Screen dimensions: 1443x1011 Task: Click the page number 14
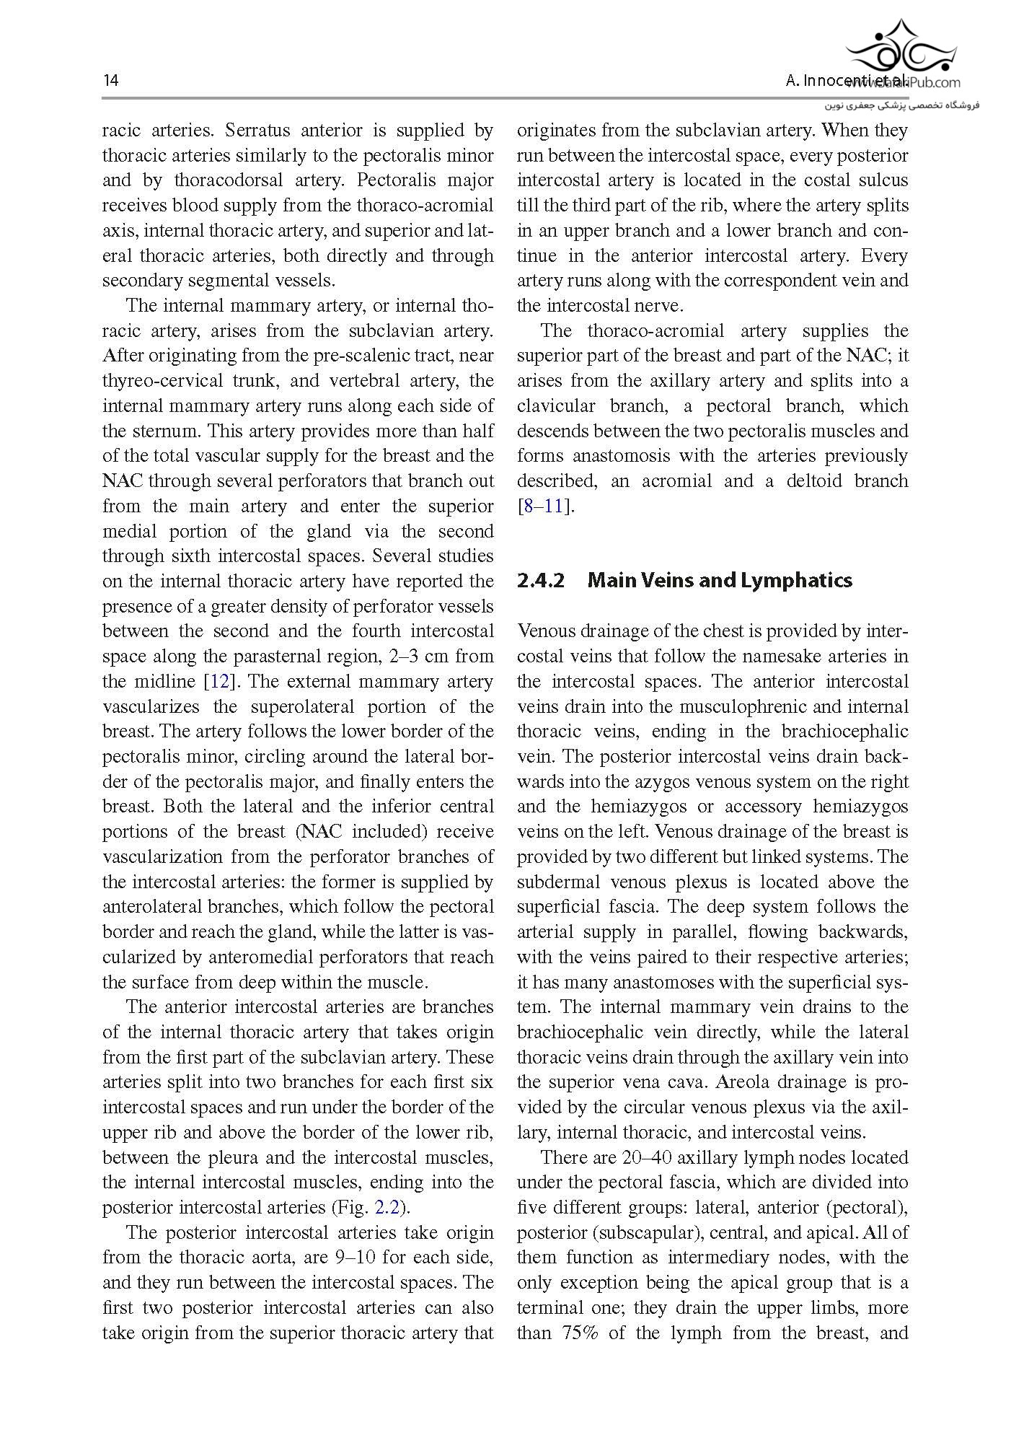[x=110, y=80]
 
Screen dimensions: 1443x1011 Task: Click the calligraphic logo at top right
[x=902, y=48]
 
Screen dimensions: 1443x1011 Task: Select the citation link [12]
[x=218, y=681]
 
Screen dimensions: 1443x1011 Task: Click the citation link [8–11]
[x=546, y=506]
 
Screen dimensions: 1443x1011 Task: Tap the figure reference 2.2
[x=389, y=1207]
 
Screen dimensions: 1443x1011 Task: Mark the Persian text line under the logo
[x=902, y=105]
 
